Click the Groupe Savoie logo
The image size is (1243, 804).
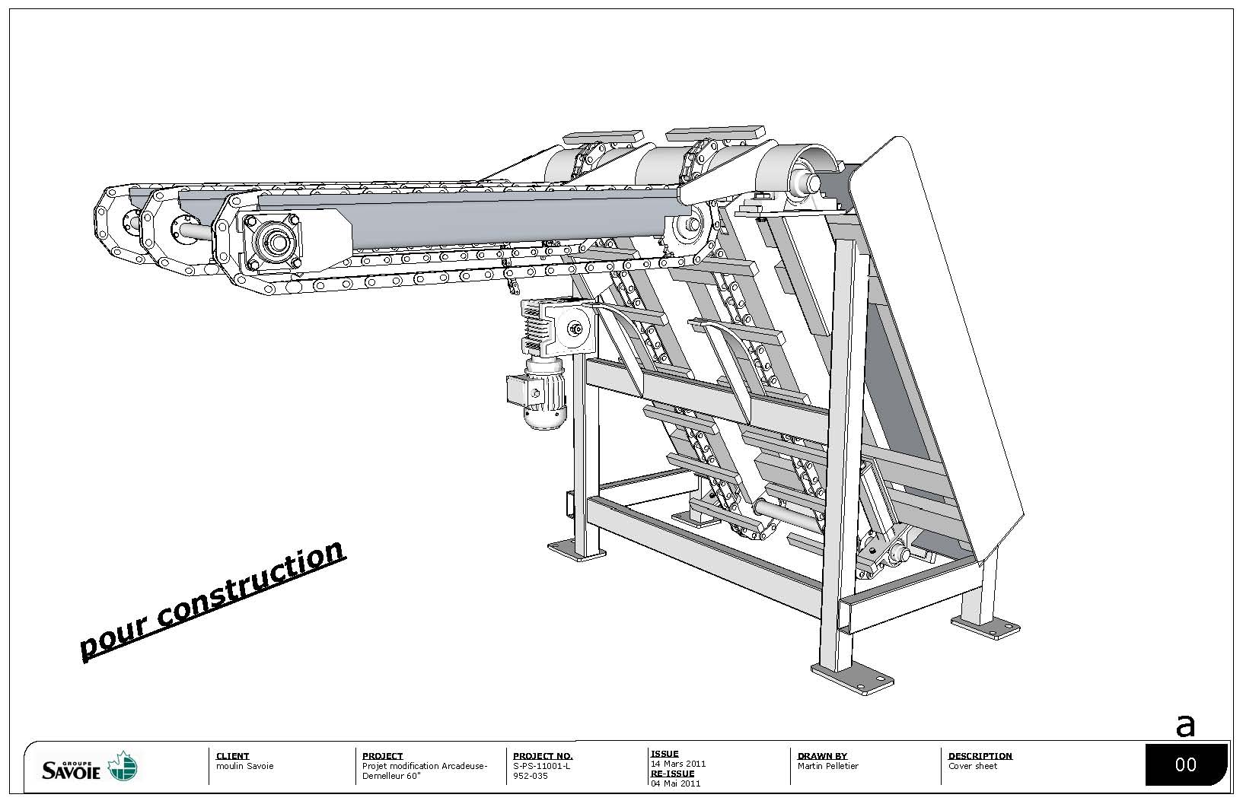(x=90, y=767)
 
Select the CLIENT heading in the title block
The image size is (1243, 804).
(x=232, y=756)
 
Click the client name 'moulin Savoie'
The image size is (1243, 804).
(x=244, y=766)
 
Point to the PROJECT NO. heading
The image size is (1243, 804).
(x=543, y=756)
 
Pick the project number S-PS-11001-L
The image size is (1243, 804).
(x=542, y=766)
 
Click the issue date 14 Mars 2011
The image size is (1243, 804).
(x=678, y=764)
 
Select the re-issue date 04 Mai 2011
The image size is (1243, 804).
(x=675, y=783)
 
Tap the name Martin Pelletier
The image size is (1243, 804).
(x=828, y=766)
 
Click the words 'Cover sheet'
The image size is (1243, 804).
(x=973, y=766)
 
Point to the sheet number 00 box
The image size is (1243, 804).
(x=1186, y=765)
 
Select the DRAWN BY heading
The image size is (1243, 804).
(x=822, y=756)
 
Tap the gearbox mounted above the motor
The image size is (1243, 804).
(x=558, y=328)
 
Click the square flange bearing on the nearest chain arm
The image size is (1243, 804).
(x=273, y=243)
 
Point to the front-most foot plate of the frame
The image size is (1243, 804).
(x=853, y=678)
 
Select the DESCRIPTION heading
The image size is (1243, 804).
(x=980, y=756)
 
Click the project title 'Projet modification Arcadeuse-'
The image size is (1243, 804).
(x=425, y=766)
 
